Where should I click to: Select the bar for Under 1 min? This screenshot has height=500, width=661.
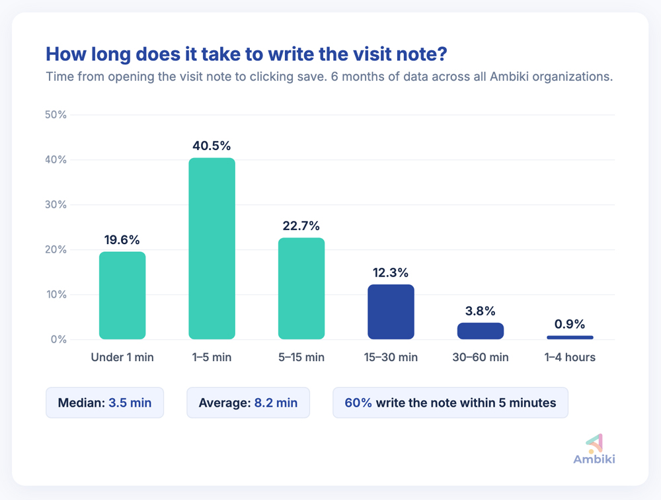point(122,296)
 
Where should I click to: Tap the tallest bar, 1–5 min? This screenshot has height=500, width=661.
point(212,249)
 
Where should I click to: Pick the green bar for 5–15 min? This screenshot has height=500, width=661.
point(301,288)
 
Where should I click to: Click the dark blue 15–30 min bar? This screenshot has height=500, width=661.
point(391,312)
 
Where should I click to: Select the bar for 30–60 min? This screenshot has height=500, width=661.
point(481,331)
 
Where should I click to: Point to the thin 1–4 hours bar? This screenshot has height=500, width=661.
point(570,337)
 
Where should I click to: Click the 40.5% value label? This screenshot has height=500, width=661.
point(212,146)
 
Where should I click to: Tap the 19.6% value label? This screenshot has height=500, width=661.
point(122,240)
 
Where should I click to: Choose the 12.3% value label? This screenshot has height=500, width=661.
point(391,272)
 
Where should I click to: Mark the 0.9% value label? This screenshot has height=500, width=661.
point(570,324)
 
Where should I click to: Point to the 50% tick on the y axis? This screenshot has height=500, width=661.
point(56,115)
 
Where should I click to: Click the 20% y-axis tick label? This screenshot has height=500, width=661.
point(56,250)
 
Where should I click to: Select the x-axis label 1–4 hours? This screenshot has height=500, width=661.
point(570,358)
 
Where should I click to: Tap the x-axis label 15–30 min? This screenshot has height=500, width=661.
point(391,358)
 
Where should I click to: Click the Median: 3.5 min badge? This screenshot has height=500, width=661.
point(104,403)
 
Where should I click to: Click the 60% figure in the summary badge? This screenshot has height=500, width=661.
point(358,403)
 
